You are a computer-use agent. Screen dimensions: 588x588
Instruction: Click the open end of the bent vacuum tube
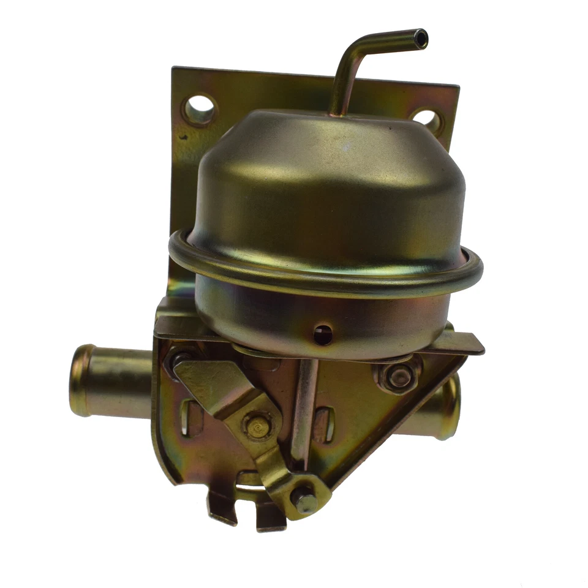[x=420, y=38]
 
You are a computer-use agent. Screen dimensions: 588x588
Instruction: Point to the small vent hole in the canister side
[x=323, y=334]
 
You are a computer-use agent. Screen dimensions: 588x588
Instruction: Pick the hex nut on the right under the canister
[x=399, y=376]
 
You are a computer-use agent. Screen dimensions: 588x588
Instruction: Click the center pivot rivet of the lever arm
[x=256, y=423]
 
